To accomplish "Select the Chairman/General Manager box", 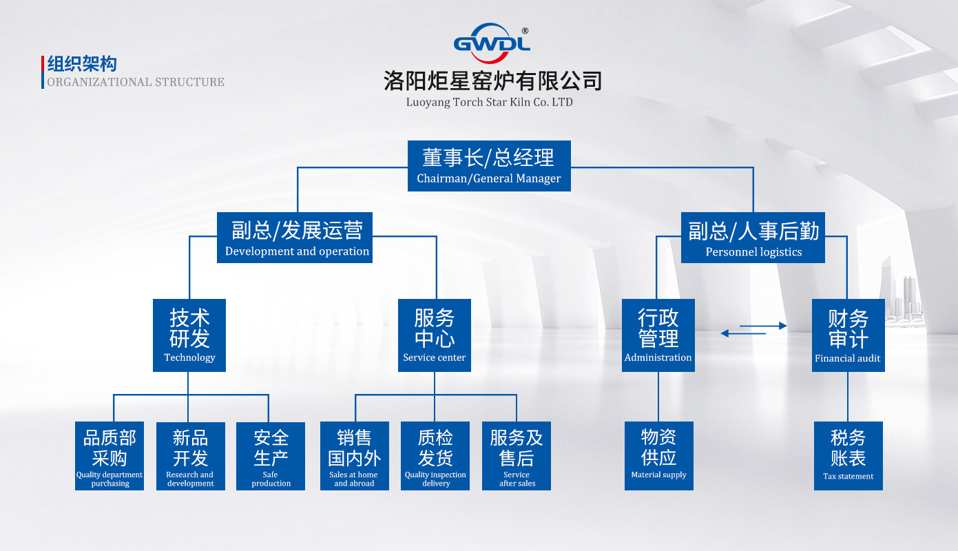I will coord(489,166).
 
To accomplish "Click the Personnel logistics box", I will coord(753,238).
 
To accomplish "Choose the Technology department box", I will coord(189,335).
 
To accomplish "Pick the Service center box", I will coord(435,335).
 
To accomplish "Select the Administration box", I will coord(658,335).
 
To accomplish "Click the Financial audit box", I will coord(848,335).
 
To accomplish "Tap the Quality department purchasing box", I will coord(110,456).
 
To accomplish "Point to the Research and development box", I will coord(190,456).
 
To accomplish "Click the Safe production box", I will coord(271,456).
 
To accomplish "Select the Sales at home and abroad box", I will coord(354,456).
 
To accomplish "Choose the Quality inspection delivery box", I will coord(435,456).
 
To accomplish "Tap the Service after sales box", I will coord(517,456).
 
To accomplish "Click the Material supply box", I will coord(658,456).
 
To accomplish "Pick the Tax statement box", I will coord(848,456).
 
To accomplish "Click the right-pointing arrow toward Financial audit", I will coord(764,326).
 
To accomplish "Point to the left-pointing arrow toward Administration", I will coord(743,334).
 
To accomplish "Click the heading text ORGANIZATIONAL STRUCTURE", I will coord(136,82).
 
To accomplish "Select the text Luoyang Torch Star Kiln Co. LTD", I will coord(489,103).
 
